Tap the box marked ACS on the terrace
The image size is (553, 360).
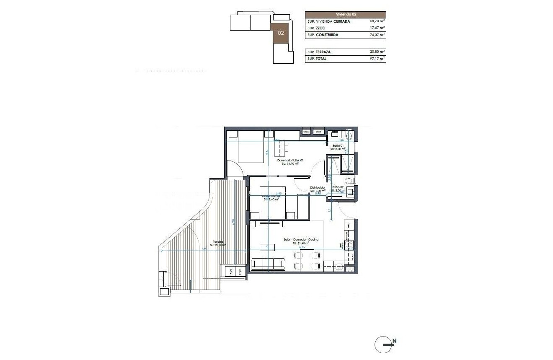[x=240, y=272]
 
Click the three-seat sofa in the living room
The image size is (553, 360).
[x=268, y=264]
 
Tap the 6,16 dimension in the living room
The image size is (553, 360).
[x=302, y=248]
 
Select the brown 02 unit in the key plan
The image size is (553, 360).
[x=281, y=33]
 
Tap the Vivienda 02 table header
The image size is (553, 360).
[x=345, y=14]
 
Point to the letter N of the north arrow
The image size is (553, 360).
[x=394, y=341]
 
